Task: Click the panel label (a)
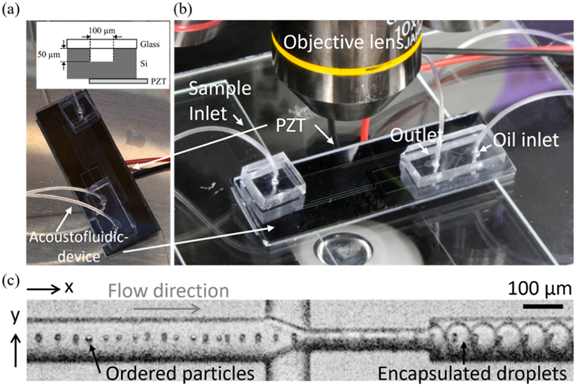coord(11,9)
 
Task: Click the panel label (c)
coord(11,280)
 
